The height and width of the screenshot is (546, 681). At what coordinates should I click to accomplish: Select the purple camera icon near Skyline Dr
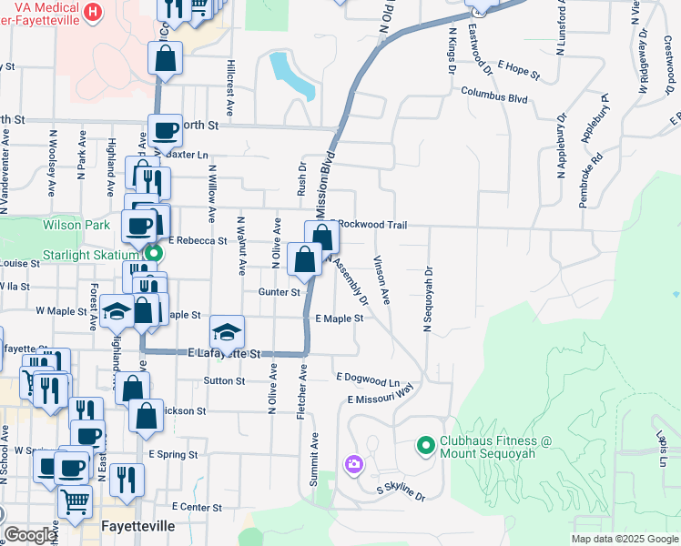coord(353,465)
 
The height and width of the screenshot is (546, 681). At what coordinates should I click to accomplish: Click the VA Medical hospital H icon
coord(92,12)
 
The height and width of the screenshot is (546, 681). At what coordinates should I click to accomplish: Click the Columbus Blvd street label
coord(494,93)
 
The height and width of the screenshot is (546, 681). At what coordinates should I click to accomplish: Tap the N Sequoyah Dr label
coord(426,299)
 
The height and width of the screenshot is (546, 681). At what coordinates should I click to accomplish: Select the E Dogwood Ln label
coord(368,379)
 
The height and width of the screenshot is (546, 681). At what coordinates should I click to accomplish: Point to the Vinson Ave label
coord(381,279)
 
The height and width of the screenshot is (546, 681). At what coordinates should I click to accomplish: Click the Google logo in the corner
coord(30,535)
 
